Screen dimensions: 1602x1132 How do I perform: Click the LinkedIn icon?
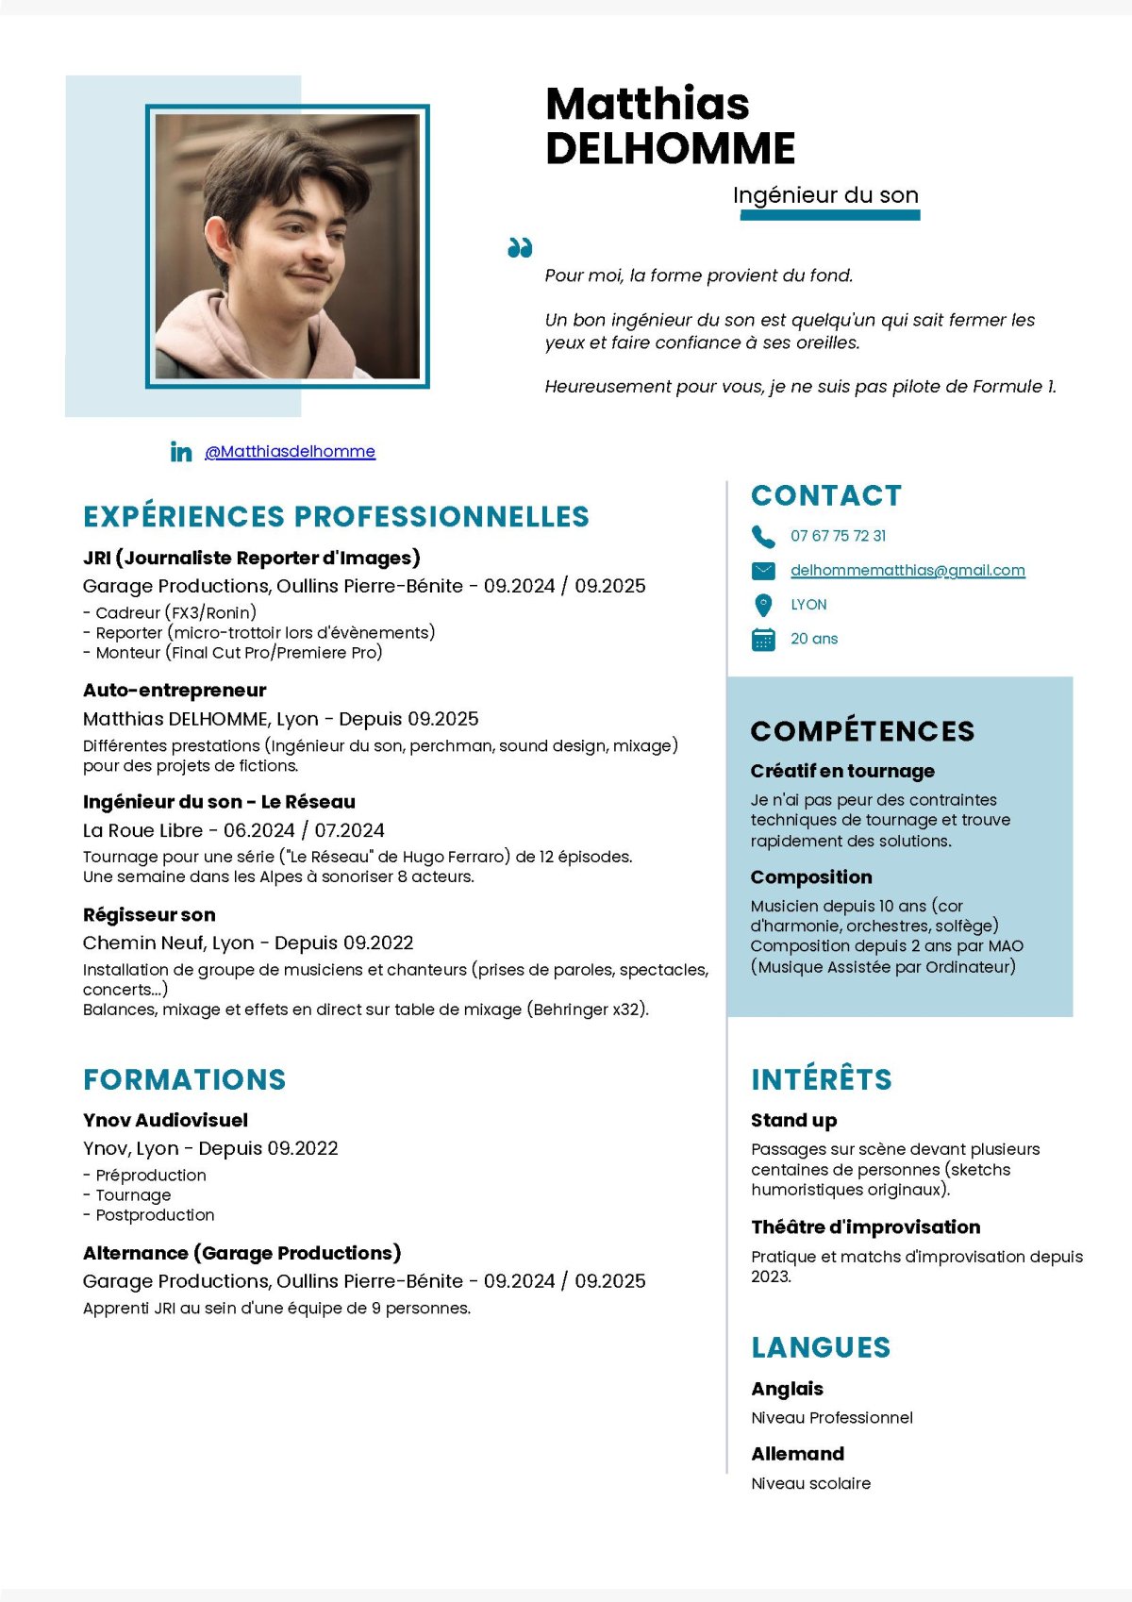[181, 452]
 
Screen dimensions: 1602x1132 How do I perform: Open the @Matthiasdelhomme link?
[290, 452]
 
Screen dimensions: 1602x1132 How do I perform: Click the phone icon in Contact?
[762, 536]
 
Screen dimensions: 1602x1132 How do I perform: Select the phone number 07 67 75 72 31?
[838, 536]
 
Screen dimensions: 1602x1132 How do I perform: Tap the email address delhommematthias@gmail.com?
[907, 570]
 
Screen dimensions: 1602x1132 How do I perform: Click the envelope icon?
[762, 571]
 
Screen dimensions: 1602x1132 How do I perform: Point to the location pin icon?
[763, 605]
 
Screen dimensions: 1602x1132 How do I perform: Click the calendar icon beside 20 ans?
[763, 639]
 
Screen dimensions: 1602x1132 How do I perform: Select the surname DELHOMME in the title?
[670, 148]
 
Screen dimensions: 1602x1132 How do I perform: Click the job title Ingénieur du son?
[825, 195]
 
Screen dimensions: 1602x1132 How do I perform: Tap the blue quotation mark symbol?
[520, 248]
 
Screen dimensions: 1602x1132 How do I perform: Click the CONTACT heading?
[826, 495]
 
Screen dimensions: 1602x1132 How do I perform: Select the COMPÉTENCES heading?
[862, 731]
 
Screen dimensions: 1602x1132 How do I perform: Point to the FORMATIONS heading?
[184, 1079]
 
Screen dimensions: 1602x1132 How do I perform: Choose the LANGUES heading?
[821, 1347]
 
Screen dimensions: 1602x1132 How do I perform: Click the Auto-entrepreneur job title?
[175, 690]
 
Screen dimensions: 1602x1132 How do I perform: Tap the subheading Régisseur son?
[149, 914]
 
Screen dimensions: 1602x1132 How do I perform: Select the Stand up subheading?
[793, 1120]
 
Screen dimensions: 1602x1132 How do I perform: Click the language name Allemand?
[797, 1454]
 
